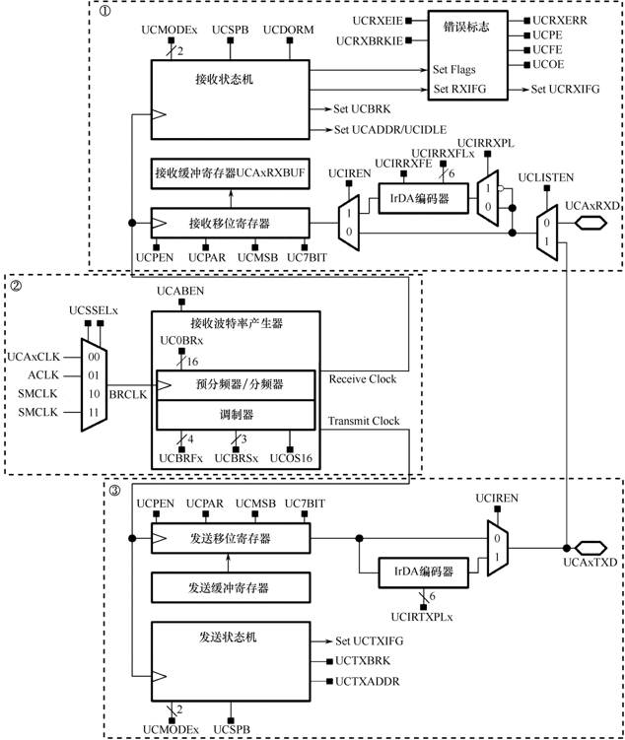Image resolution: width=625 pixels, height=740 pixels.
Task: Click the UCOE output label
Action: tap(549, 64)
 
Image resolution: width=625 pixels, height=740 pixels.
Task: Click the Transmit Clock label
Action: tap(363, 422)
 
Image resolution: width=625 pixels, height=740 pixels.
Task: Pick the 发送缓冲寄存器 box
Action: tap(228, 588)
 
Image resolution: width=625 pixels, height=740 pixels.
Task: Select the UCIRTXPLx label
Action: tap(422, 615)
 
